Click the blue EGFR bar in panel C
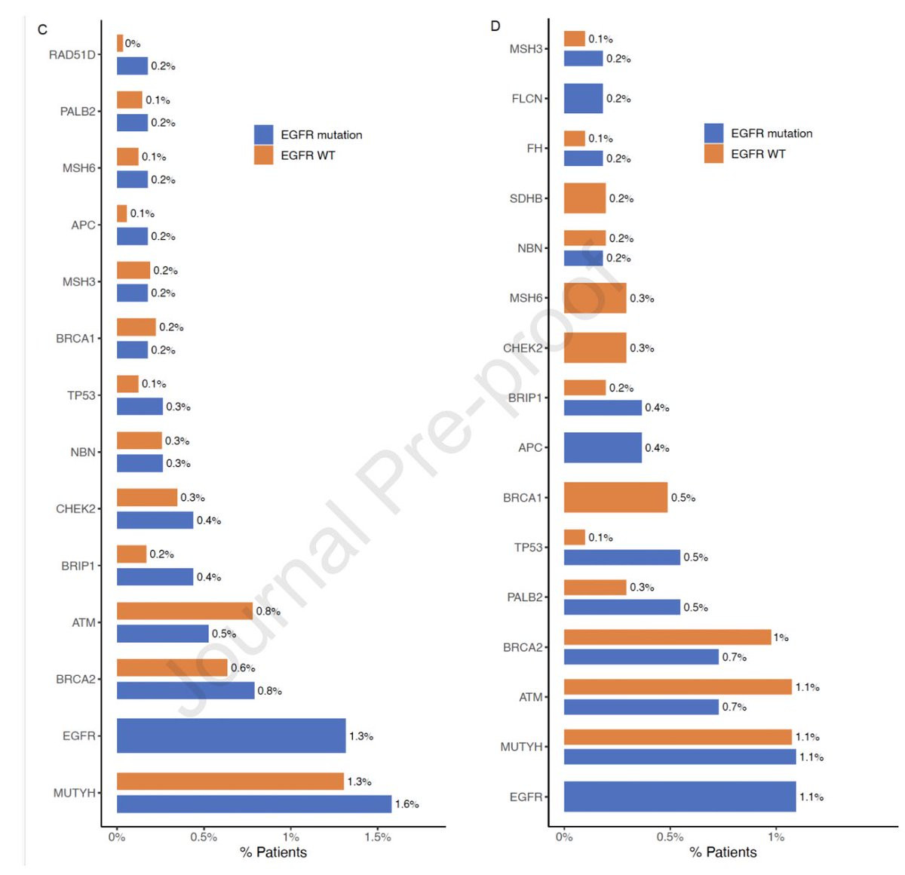coord(231,735)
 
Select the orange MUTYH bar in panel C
coord(230,781)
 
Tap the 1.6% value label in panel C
coord(406,804)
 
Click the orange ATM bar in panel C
coord(185,611)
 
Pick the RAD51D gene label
coord(72,54)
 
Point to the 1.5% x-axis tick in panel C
coord(378,837)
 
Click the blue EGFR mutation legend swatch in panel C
coord(263,134)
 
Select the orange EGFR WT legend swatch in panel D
coord(713,154)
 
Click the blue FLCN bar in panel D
coord(583,98)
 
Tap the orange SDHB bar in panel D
coord(584,198)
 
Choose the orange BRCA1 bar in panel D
coord(615,497)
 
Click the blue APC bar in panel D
coord(603,447)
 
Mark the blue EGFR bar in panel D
coord(680,797)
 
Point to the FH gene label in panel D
coord(534,149)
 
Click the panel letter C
coord(42,29)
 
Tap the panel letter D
coord(495,26)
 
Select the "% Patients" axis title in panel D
coord(722,852)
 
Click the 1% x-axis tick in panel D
coord(776,837)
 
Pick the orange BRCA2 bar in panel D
coord(667,637)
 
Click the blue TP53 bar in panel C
coord(140,407)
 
